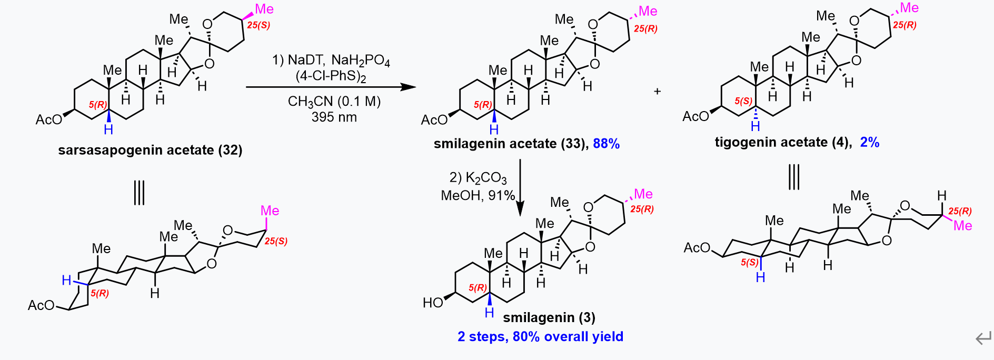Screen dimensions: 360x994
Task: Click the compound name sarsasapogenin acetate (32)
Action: click(150, 151)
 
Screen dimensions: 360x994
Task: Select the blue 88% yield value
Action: click(606, 144)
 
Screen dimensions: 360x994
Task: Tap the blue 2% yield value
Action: click(870, 142)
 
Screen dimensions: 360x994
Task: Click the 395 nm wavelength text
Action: click(334, 117)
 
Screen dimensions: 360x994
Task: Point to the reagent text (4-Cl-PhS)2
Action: click(331, 76)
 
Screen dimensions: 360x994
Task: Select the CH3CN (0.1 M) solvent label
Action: click(334, 102)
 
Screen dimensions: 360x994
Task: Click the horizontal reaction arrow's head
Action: click(409, 87)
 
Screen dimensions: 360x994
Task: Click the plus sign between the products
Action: click(657, 91)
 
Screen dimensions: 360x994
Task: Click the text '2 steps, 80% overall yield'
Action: click(540, 337)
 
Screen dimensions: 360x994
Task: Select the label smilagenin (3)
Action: click(549, 317)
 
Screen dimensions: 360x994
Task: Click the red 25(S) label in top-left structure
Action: click(259, 25)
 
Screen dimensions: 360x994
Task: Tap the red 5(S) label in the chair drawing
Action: click(749, 262)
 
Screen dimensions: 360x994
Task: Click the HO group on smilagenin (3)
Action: click(433, 303)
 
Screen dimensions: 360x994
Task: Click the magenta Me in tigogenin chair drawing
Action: click(963, 226)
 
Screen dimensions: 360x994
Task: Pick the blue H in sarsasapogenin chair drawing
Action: click(66, 280)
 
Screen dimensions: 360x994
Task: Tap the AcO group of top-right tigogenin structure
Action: click(696, 116)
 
